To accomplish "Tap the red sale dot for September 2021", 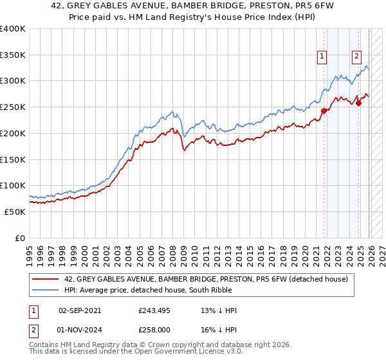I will click(324, 111).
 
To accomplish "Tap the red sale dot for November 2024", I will click(359, 104).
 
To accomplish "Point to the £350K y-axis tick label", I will click(12, 55).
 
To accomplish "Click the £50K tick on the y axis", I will click(15, 212).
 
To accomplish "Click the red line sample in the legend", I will click(46, 279).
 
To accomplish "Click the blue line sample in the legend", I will click(46, 290).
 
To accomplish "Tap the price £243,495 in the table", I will click(152, 310).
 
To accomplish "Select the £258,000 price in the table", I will click(152, 328).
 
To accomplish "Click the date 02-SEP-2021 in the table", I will click(80, 310).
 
